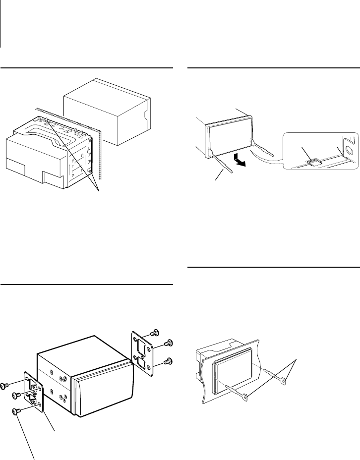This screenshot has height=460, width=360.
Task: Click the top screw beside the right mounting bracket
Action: (155, 332)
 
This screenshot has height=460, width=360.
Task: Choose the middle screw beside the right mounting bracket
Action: (169, 343)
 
